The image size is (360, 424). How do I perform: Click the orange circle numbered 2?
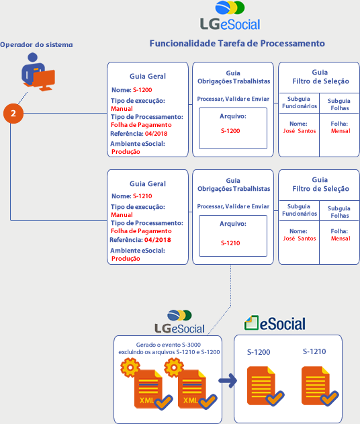tap(13, 114)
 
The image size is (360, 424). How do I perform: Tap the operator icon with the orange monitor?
tap(38, 72)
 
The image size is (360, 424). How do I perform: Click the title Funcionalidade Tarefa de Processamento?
tap(237, 43)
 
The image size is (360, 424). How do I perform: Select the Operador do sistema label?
tap(36, 44)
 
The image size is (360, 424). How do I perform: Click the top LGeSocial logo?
tap(230, 15)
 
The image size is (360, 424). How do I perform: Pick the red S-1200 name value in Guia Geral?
tap(142, 90)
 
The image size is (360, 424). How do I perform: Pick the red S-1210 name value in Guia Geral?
tap(142, 196)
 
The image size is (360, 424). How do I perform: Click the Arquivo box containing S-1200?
tap(233, 128)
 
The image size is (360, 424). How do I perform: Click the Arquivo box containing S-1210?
tap(233, 236)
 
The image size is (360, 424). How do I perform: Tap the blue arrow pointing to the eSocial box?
tap(228, 381)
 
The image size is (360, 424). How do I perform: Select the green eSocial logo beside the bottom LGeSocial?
tap(275, 323)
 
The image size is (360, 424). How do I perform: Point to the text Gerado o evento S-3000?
tap(169, 345)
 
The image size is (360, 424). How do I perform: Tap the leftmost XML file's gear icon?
tap(130, 368)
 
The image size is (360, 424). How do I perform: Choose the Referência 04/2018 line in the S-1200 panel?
tap(138, 134)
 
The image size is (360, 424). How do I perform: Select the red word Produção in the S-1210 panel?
tap(126, 259)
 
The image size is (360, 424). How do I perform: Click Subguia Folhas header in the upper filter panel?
tap(339, 104)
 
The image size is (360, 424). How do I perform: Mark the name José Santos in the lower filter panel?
tap(300, 239)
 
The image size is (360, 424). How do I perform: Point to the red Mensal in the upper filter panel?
tap(341, 131)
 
